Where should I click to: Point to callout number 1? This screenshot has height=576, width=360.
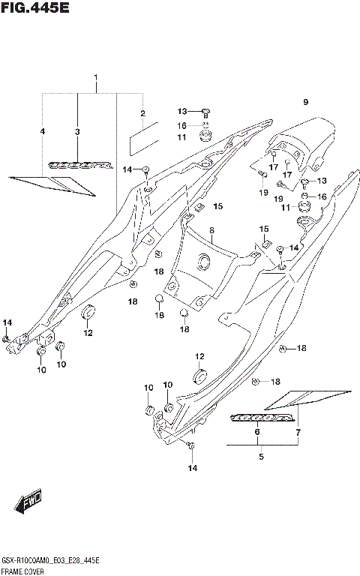coord(96,79)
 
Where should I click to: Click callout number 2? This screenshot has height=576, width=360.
coord(142,114)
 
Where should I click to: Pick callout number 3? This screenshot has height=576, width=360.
coord(77,132)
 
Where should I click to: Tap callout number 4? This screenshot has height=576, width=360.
coord(43,132)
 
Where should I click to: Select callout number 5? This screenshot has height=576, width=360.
coord(260,456)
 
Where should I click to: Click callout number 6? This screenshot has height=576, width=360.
coord(257,433)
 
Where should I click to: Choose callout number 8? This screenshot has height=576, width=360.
coord(212,230)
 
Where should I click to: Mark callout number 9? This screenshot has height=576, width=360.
coord(305,102)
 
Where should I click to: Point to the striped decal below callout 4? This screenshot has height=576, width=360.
coord(52,184)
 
